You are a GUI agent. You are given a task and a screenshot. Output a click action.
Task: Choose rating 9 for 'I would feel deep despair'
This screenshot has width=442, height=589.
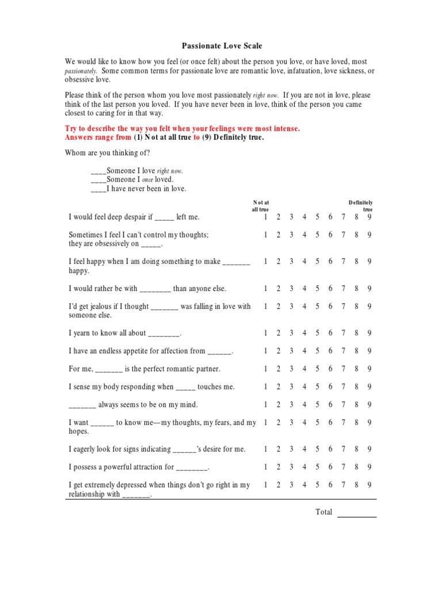click(369, 217)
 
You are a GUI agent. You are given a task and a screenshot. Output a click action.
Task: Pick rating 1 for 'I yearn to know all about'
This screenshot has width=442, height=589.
click(265, 333)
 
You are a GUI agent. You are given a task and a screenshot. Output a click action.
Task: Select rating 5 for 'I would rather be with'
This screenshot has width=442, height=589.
click(317, 289)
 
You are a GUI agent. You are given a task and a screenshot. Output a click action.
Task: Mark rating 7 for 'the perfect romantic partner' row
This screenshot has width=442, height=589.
click(343, 369)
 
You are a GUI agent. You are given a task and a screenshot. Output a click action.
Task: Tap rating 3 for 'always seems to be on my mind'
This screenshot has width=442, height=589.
click(291, 405)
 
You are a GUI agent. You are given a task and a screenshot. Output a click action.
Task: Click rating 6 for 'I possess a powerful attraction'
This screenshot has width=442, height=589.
click(330, 467)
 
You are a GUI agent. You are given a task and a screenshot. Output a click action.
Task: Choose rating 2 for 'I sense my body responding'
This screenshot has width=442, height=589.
click(278, 387)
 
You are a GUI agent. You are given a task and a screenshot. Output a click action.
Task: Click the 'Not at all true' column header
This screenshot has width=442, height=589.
click(261, 206)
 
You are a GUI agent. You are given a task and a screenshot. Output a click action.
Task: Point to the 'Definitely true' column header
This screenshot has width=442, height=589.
click(361, 206)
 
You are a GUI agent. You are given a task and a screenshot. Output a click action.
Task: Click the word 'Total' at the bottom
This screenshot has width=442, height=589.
click(324, 512)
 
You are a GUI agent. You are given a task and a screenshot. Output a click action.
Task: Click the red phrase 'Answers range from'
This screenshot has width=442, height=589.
click(98, 138)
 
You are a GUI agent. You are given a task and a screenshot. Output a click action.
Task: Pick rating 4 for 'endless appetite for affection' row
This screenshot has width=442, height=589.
click(304, 351)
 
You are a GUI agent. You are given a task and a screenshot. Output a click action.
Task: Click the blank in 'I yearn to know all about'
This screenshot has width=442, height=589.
click(164, 334)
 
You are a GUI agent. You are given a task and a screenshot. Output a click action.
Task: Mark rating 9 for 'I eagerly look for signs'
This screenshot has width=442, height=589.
click(369, 449)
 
